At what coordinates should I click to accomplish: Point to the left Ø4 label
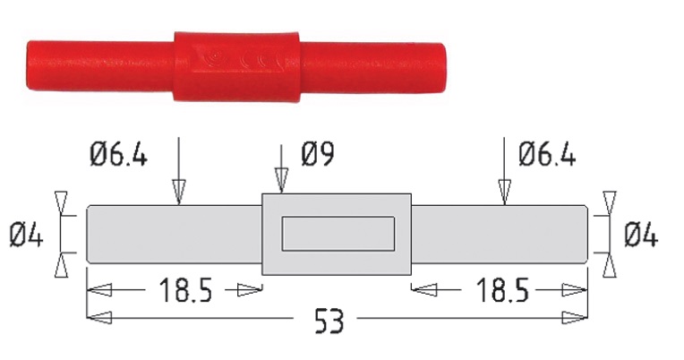(29, 235)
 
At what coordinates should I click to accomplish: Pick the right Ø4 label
(640, 236)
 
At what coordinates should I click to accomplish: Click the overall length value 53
(336, 321)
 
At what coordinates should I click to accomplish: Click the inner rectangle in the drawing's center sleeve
(337, 234)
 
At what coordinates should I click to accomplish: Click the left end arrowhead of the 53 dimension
(98, 317)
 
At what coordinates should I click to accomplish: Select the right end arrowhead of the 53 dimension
(577, 317)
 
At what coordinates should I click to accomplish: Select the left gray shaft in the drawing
(174, 234)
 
